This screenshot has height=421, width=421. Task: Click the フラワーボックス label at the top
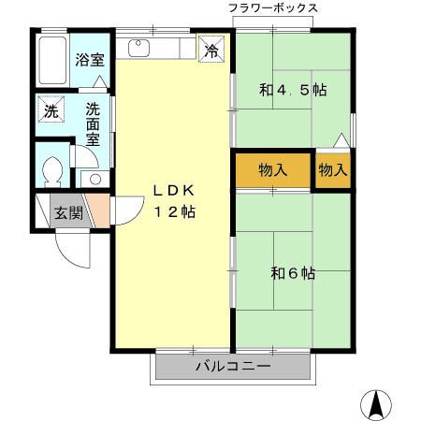(273, 7)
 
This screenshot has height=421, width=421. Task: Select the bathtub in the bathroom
(54, 61)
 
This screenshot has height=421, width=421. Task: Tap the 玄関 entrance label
(67, 211)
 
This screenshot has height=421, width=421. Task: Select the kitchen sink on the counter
(140, 47)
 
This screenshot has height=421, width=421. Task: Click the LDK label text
(173, 190)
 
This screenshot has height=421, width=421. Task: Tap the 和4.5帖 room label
(292, 91)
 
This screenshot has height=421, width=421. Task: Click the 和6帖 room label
(292, 273)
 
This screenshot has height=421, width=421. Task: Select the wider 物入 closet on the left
(272, 170)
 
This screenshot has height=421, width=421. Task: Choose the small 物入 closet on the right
(333, 170)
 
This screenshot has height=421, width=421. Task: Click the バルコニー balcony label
(232, 366)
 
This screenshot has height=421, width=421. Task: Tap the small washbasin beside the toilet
(93, 178)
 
